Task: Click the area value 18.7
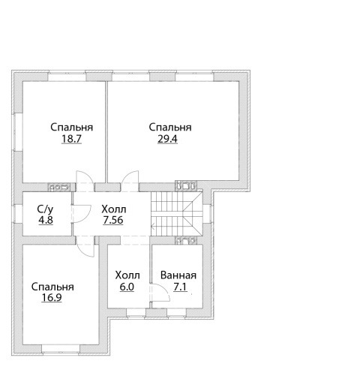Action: tap(71, 139)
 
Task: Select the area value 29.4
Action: tap(167, 139)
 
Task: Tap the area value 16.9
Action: tap(52, 298)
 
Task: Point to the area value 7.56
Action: tap(113, 220)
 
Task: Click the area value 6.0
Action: tap(127, 287)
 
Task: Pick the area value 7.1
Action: tap(180, 287)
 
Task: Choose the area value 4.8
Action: tap(46, 220)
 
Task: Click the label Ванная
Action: tap(178, 275)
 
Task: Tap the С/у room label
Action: tap(45, 209)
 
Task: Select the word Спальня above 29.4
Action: tap(170, 128)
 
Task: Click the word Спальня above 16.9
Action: tap(52, 287)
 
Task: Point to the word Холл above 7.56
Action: tap(114, 209)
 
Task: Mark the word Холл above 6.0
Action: tap(127, 275)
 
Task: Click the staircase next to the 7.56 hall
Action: tap(177, 214)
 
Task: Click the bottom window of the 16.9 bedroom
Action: tap(61, 349)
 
